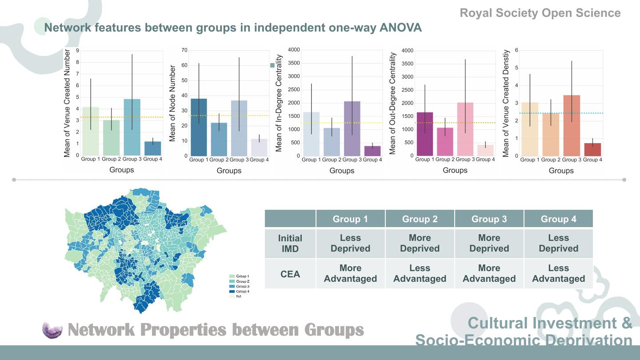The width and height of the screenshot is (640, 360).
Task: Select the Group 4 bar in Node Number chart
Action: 259,147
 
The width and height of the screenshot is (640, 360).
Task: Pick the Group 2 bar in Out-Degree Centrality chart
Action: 445,142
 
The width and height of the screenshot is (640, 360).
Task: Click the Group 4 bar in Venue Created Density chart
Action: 592,149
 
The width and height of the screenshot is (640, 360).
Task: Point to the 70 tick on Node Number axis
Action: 184,50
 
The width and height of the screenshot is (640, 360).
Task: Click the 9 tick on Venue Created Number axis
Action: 77,51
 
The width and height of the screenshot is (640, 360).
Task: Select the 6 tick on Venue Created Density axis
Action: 516,50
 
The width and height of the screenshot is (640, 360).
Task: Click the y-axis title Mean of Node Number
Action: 173,104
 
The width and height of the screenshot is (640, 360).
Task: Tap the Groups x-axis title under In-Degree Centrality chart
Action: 342,171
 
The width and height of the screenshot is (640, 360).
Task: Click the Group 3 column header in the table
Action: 489,219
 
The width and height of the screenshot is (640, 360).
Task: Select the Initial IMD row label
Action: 290,244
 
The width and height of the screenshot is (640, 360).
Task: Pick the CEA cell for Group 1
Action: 350,274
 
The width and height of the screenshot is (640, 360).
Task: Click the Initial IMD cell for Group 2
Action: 420,244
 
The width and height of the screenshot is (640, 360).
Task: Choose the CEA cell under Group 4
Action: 558,274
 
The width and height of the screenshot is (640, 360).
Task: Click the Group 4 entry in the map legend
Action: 240,292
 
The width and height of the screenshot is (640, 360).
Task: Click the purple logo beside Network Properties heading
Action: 53,330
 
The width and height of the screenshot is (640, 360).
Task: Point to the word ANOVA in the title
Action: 400,28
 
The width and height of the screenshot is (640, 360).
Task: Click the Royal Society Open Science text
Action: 540,13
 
